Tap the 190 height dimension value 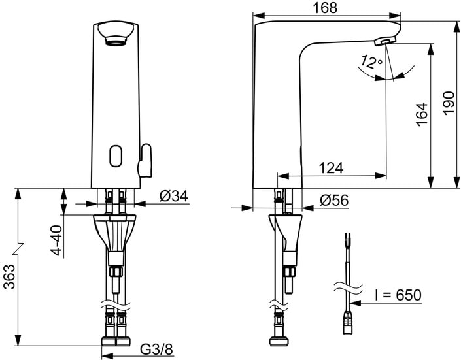pyautogui.click(x=449, y=103)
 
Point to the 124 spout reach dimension pyautogui.click(x=332, y=168)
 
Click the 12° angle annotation pyautogui.click(x=371, y=63)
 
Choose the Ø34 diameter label pyautogui.click(x=173, y=195)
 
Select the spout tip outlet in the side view pyautogui.click(x=386, y=42)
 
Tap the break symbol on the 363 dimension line pyautogui.click(x=17, y=248)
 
